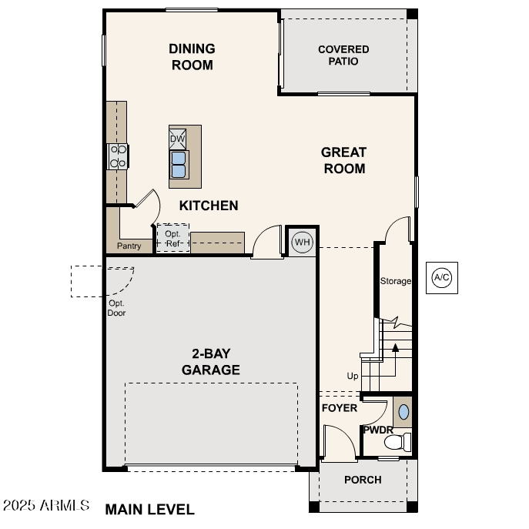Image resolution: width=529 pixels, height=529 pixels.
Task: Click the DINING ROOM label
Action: (192, 57)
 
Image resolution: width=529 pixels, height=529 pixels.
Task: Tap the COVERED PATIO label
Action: (343, 55)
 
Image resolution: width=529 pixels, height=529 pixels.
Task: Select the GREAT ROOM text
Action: (343, 160)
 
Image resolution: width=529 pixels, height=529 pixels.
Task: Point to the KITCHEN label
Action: (209, 206)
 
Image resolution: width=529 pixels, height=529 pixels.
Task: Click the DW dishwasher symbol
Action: (178, 139)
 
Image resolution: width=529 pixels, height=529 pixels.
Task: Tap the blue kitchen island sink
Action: (178, 164)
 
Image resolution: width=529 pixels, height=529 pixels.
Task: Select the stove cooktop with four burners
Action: (118, 156)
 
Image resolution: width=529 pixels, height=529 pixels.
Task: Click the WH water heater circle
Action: (302, 243)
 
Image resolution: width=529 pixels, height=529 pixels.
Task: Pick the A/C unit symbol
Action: (442, 277)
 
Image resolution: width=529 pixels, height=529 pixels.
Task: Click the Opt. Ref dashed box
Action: (172, 238)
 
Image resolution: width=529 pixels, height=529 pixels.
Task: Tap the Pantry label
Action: (129, 246)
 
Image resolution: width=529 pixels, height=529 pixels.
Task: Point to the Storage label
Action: (395, 281)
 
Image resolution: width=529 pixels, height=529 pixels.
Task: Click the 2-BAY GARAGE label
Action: (210, 362)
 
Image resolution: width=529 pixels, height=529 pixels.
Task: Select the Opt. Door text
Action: (116, 308)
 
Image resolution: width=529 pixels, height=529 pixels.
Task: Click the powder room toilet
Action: (397, 443)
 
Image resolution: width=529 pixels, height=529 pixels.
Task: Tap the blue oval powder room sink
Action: (403, 411)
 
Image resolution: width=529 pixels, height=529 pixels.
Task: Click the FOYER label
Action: (339, 407)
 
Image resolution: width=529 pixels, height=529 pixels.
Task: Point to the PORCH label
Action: (363, 480)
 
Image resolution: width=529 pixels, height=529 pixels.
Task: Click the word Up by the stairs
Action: (353, 376)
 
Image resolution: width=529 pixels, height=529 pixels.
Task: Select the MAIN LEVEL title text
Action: (149, 509)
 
